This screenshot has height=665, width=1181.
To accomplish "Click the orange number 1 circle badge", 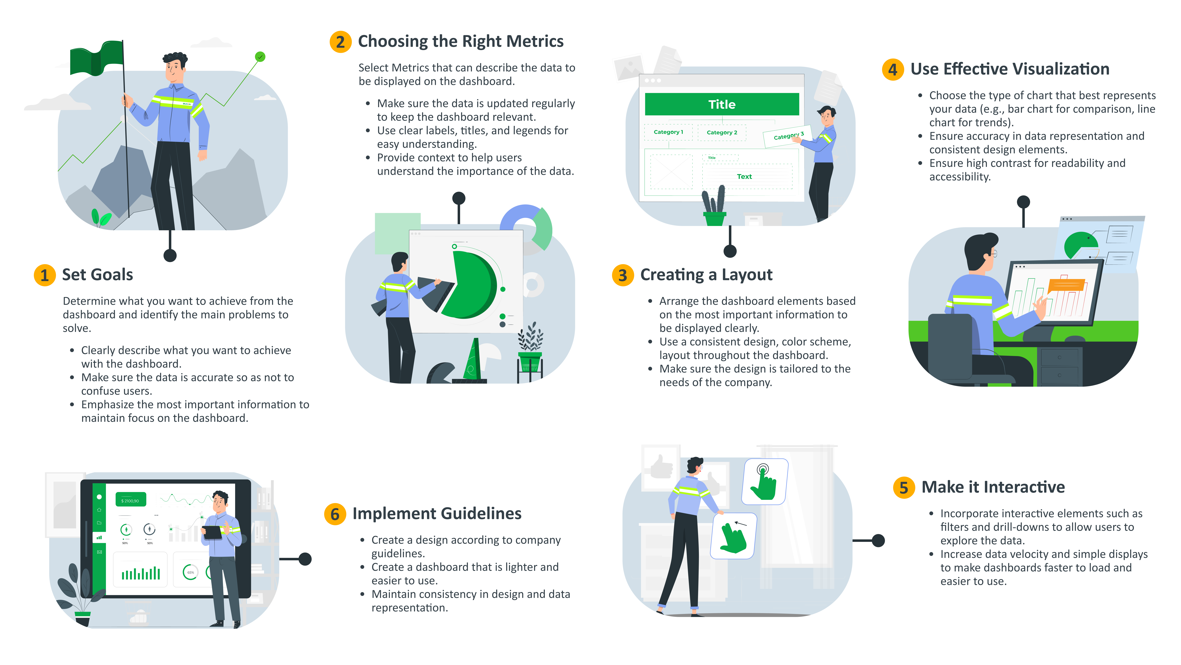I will click(44, 275).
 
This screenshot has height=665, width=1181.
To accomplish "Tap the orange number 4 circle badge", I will click(893, 69).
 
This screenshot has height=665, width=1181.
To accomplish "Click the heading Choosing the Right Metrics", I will click(460, 41).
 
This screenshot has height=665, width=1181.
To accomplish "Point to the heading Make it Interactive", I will click(993, 487).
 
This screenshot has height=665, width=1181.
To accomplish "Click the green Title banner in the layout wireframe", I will click(722, 104).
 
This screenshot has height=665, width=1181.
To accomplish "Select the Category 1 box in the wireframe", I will click(668, 132).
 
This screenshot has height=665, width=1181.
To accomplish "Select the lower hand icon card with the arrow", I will click(733, 536).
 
